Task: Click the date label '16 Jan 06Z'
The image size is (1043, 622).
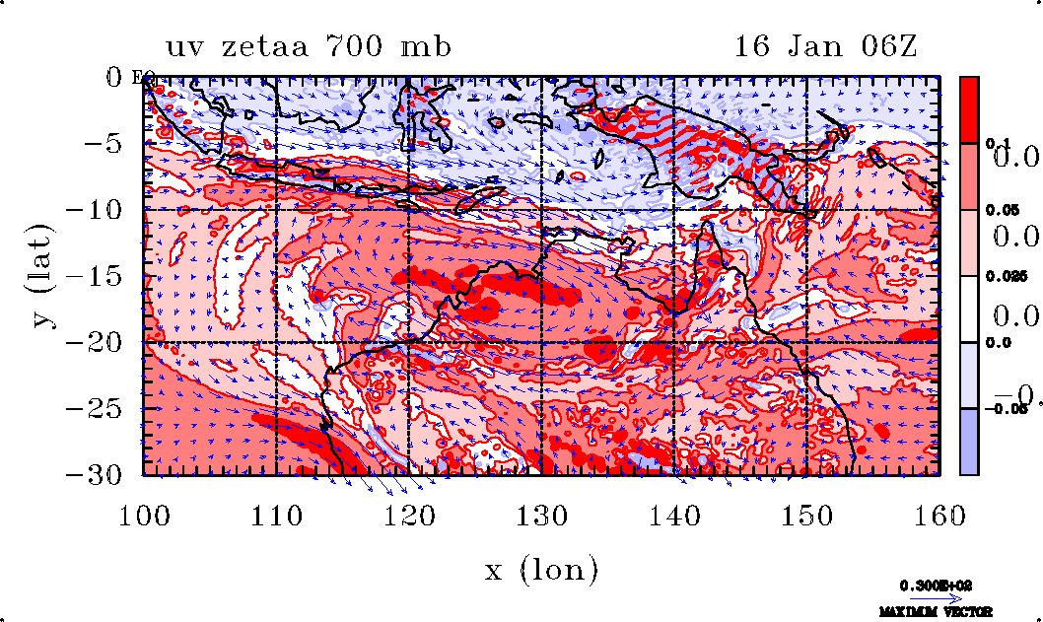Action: [826, 47]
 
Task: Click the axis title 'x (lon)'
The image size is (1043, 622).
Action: [541, 569]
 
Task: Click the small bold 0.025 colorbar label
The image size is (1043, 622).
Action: [1002, 277]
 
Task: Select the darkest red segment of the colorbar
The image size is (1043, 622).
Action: [970, 109]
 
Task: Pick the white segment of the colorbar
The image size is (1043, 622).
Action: [970, 309]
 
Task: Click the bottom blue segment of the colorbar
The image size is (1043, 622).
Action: [970, 442]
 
